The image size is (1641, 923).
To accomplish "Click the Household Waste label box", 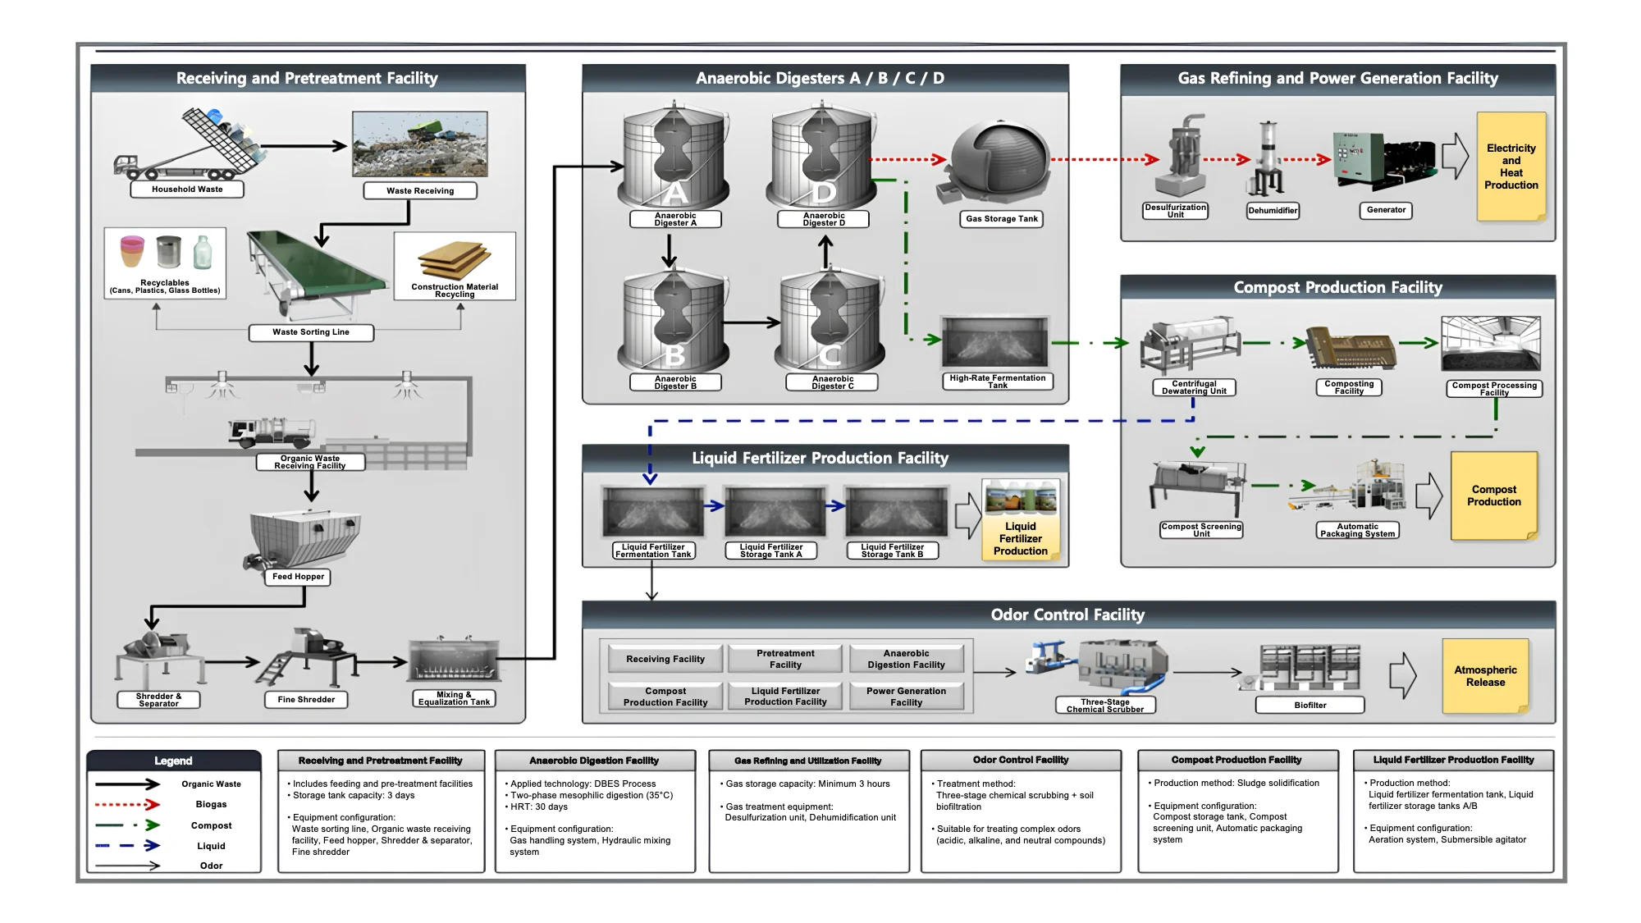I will point(187,190).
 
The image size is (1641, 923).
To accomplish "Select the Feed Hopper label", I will point(298,577).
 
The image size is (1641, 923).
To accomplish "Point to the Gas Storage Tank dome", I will point(999,160).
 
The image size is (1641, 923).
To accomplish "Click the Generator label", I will point(1386,210).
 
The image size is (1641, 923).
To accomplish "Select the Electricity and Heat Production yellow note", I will point(1511,167).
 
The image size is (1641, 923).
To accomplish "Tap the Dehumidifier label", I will point(1273,211).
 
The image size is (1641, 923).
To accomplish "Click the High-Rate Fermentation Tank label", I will point(997,382).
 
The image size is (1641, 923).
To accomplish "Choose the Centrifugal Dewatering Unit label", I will point(1194,387).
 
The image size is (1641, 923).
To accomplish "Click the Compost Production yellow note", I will point(1493,496).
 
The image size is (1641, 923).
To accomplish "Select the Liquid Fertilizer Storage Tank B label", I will point(892,551).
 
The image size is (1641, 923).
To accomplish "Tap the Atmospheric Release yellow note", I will point(1485,676).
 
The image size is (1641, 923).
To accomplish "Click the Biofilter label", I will point(1310,705).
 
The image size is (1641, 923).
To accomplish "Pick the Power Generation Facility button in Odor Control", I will point(906,697).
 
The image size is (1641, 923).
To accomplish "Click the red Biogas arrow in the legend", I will point(127,805).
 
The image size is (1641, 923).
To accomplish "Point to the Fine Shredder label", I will point(306,700).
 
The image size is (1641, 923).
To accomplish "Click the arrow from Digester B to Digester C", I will point(752,322).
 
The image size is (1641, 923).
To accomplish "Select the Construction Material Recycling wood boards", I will point(454,261).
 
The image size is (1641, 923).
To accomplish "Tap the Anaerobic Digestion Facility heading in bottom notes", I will point(594,761).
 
